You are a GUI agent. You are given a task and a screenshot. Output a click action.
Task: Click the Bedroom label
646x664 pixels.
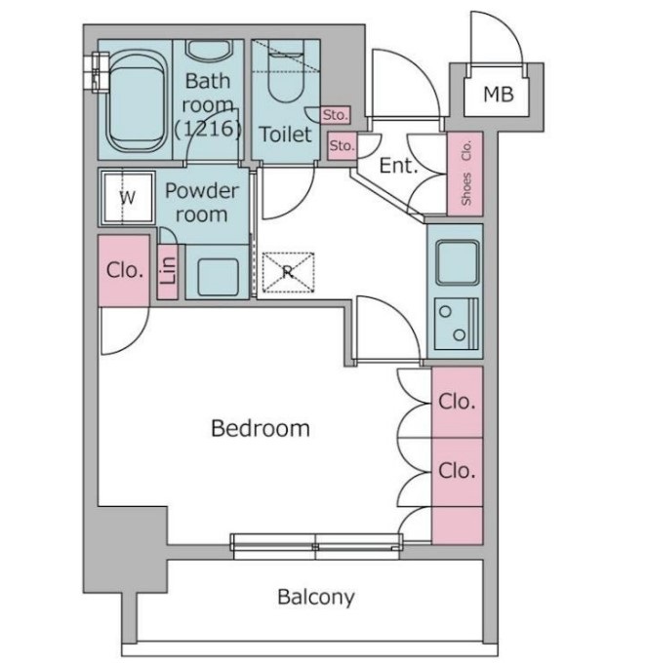tap(261, 428)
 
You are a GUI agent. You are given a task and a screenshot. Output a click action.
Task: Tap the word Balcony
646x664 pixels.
tap(316, 597)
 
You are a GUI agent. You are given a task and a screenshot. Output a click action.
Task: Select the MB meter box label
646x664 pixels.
tap(499, 94)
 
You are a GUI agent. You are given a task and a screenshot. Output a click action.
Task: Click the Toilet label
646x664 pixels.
tap(286, 135)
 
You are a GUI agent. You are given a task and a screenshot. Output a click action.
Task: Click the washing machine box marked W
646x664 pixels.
tap(127, 197)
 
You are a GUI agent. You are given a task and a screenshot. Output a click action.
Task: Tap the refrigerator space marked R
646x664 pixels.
tap(288, 272)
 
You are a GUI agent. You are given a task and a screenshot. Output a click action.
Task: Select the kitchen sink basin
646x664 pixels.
tap(458, 262)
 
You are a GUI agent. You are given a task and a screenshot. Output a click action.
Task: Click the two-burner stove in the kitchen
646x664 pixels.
tap(456, 324)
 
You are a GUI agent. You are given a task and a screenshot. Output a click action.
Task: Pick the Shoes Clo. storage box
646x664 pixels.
tap(465, 174)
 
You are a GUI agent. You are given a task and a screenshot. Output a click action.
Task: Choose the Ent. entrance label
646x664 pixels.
tap(398, 166)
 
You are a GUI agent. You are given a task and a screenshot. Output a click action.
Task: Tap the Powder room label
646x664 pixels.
tap(202, 203)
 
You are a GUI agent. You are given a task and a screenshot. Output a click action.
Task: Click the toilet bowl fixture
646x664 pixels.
tap(286, 72)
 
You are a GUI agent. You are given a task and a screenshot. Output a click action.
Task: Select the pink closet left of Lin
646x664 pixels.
tap(124, 270)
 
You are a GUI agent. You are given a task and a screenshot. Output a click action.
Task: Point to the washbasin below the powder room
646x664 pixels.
tap(218, 271)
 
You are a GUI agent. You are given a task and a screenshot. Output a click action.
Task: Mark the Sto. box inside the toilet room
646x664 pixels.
tap(336, 115)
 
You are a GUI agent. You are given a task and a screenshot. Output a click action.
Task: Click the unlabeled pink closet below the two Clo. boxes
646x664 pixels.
tap(458, 526)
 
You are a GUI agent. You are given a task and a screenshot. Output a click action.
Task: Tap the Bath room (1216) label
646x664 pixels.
tap(208, 104)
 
